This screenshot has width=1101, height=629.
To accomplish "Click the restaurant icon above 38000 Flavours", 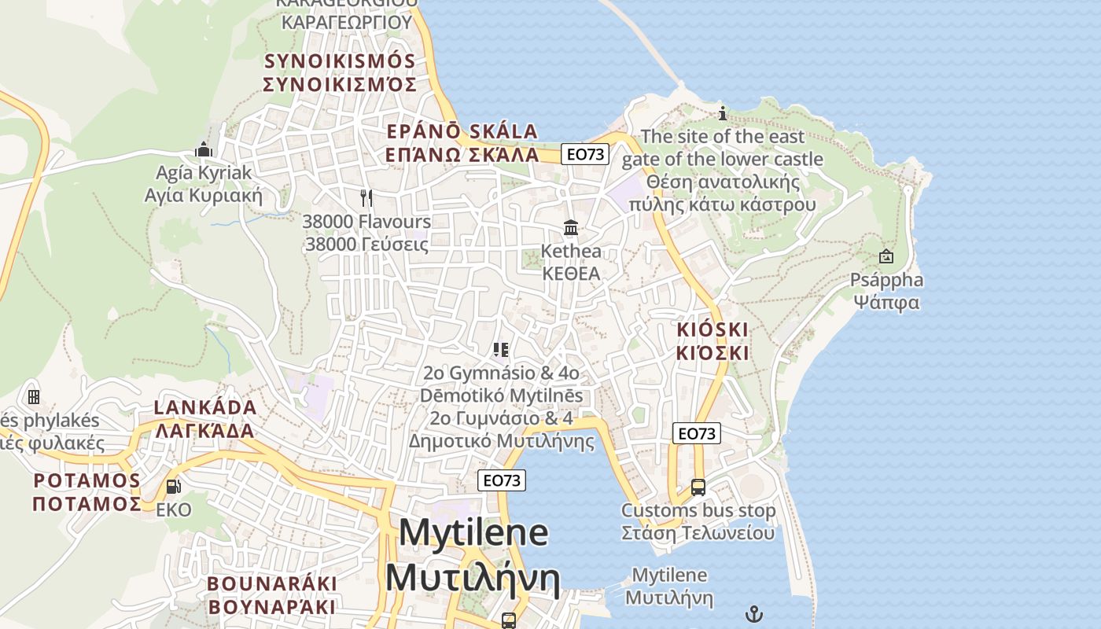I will (x=366, y=197).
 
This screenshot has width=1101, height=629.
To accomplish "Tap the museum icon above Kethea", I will (x=571, y=228).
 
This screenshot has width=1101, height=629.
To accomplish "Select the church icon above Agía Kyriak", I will (x=204, y=149).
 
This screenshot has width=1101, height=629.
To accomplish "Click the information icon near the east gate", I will (x=723, y=113).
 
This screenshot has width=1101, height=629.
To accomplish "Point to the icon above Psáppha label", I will (x=886, y=256).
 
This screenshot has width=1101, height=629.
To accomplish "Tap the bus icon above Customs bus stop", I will (x=698, y=487).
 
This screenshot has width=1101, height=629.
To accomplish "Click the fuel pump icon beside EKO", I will (x=173, y=487).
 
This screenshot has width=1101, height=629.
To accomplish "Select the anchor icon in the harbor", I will (x=754, y=613).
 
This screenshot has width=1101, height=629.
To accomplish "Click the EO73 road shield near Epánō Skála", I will (x=587, y=154).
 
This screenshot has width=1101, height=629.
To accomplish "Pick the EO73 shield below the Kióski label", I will (x=697, y=433).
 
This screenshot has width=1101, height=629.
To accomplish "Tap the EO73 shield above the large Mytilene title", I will (x=503, y=480).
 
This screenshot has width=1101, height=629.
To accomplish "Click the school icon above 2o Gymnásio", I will (x=501, y=349).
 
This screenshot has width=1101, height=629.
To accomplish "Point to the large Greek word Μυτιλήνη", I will (x=473, y=579).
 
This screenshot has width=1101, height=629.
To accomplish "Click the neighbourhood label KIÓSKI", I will (x=713, y=329).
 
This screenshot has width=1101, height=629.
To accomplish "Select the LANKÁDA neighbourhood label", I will (x=205, y=407).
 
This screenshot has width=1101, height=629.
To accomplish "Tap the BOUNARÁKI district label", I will (x=272, y=584).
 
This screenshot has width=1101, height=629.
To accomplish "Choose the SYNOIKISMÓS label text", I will (x=339, y=61).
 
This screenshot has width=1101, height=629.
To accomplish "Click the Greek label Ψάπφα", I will (x=886, y=302).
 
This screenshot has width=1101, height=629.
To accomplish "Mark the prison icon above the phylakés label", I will (x=33, y=396).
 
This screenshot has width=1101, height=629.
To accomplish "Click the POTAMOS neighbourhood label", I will (x=87, y=480).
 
